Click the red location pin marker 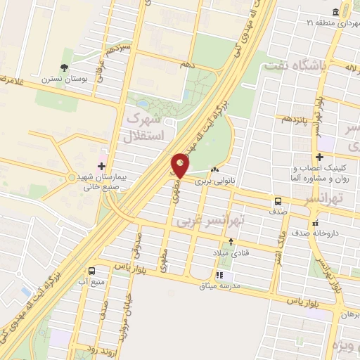[180, 165]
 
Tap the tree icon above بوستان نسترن [65, 67]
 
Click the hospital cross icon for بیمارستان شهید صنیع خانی [102, 166]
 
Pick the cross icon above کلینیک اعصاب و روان [321, 157]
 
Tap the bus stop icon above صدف [279, 201]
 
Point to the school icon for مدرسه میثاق [219, 276]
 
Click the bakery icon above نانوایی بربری [214, 170]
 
